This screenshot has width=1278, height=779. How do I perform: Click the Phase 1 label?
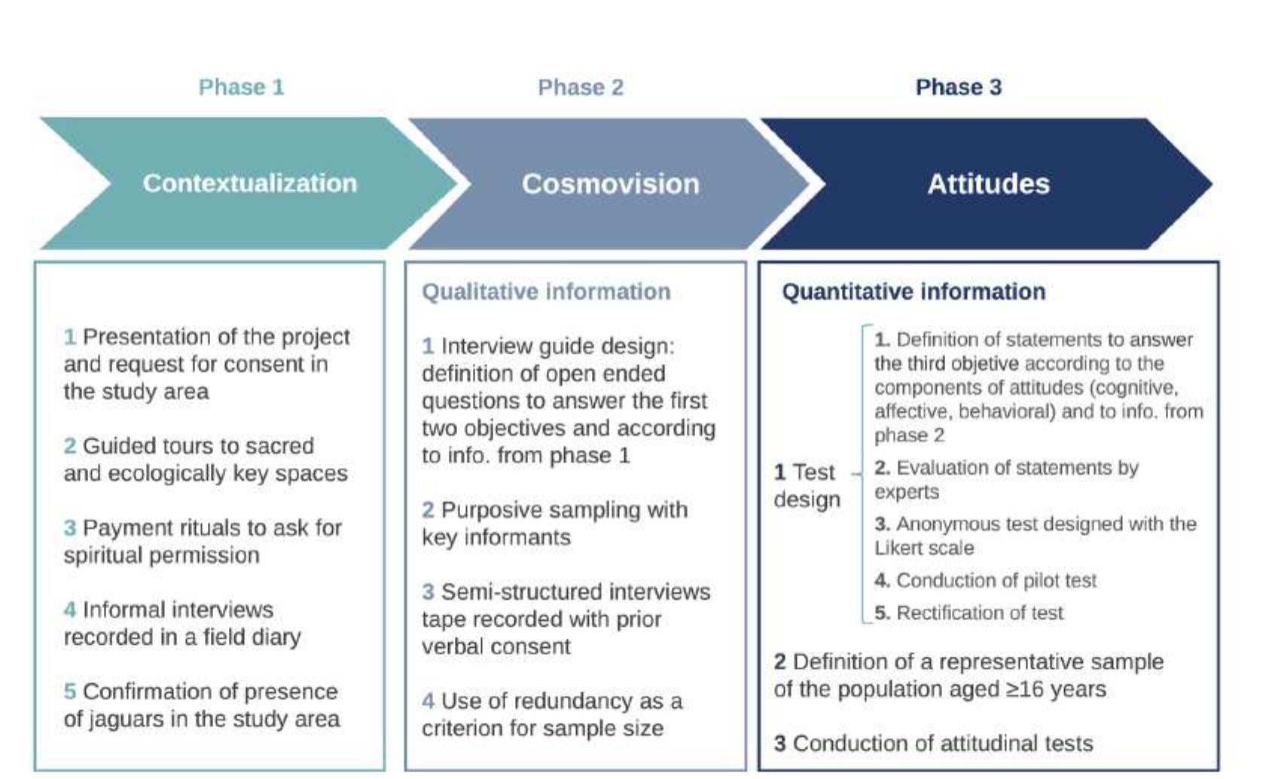click(x=241, y=87)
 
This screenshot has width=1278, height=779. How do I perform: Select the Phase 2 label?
click(x=581, y=87)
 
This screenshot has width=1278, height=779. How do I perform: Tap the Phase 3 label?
click(x=959, y=87)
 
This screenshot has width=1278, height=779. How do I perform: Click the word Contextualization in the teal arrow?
click(x=250, y=183)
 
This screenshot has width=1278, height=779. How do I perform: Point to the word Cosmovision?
click(x=611, y=184)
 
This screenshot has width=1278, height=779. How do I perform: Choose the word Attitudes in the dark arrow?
click(x=988, y=184)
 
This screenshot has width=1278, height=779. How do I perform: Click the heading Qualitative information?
click(x=546, y=292)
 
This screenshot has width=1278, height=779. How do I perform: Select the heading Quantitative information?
click(x=914, y=292)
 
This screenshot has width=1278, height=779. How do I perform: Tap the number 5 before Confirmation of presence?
click(x=70, y=691)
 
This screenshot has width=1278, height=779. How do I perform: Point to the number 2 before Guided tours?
click(x=70, y=445)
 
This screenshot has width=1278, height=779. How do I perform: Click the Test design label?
click(x=807, y=486)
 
